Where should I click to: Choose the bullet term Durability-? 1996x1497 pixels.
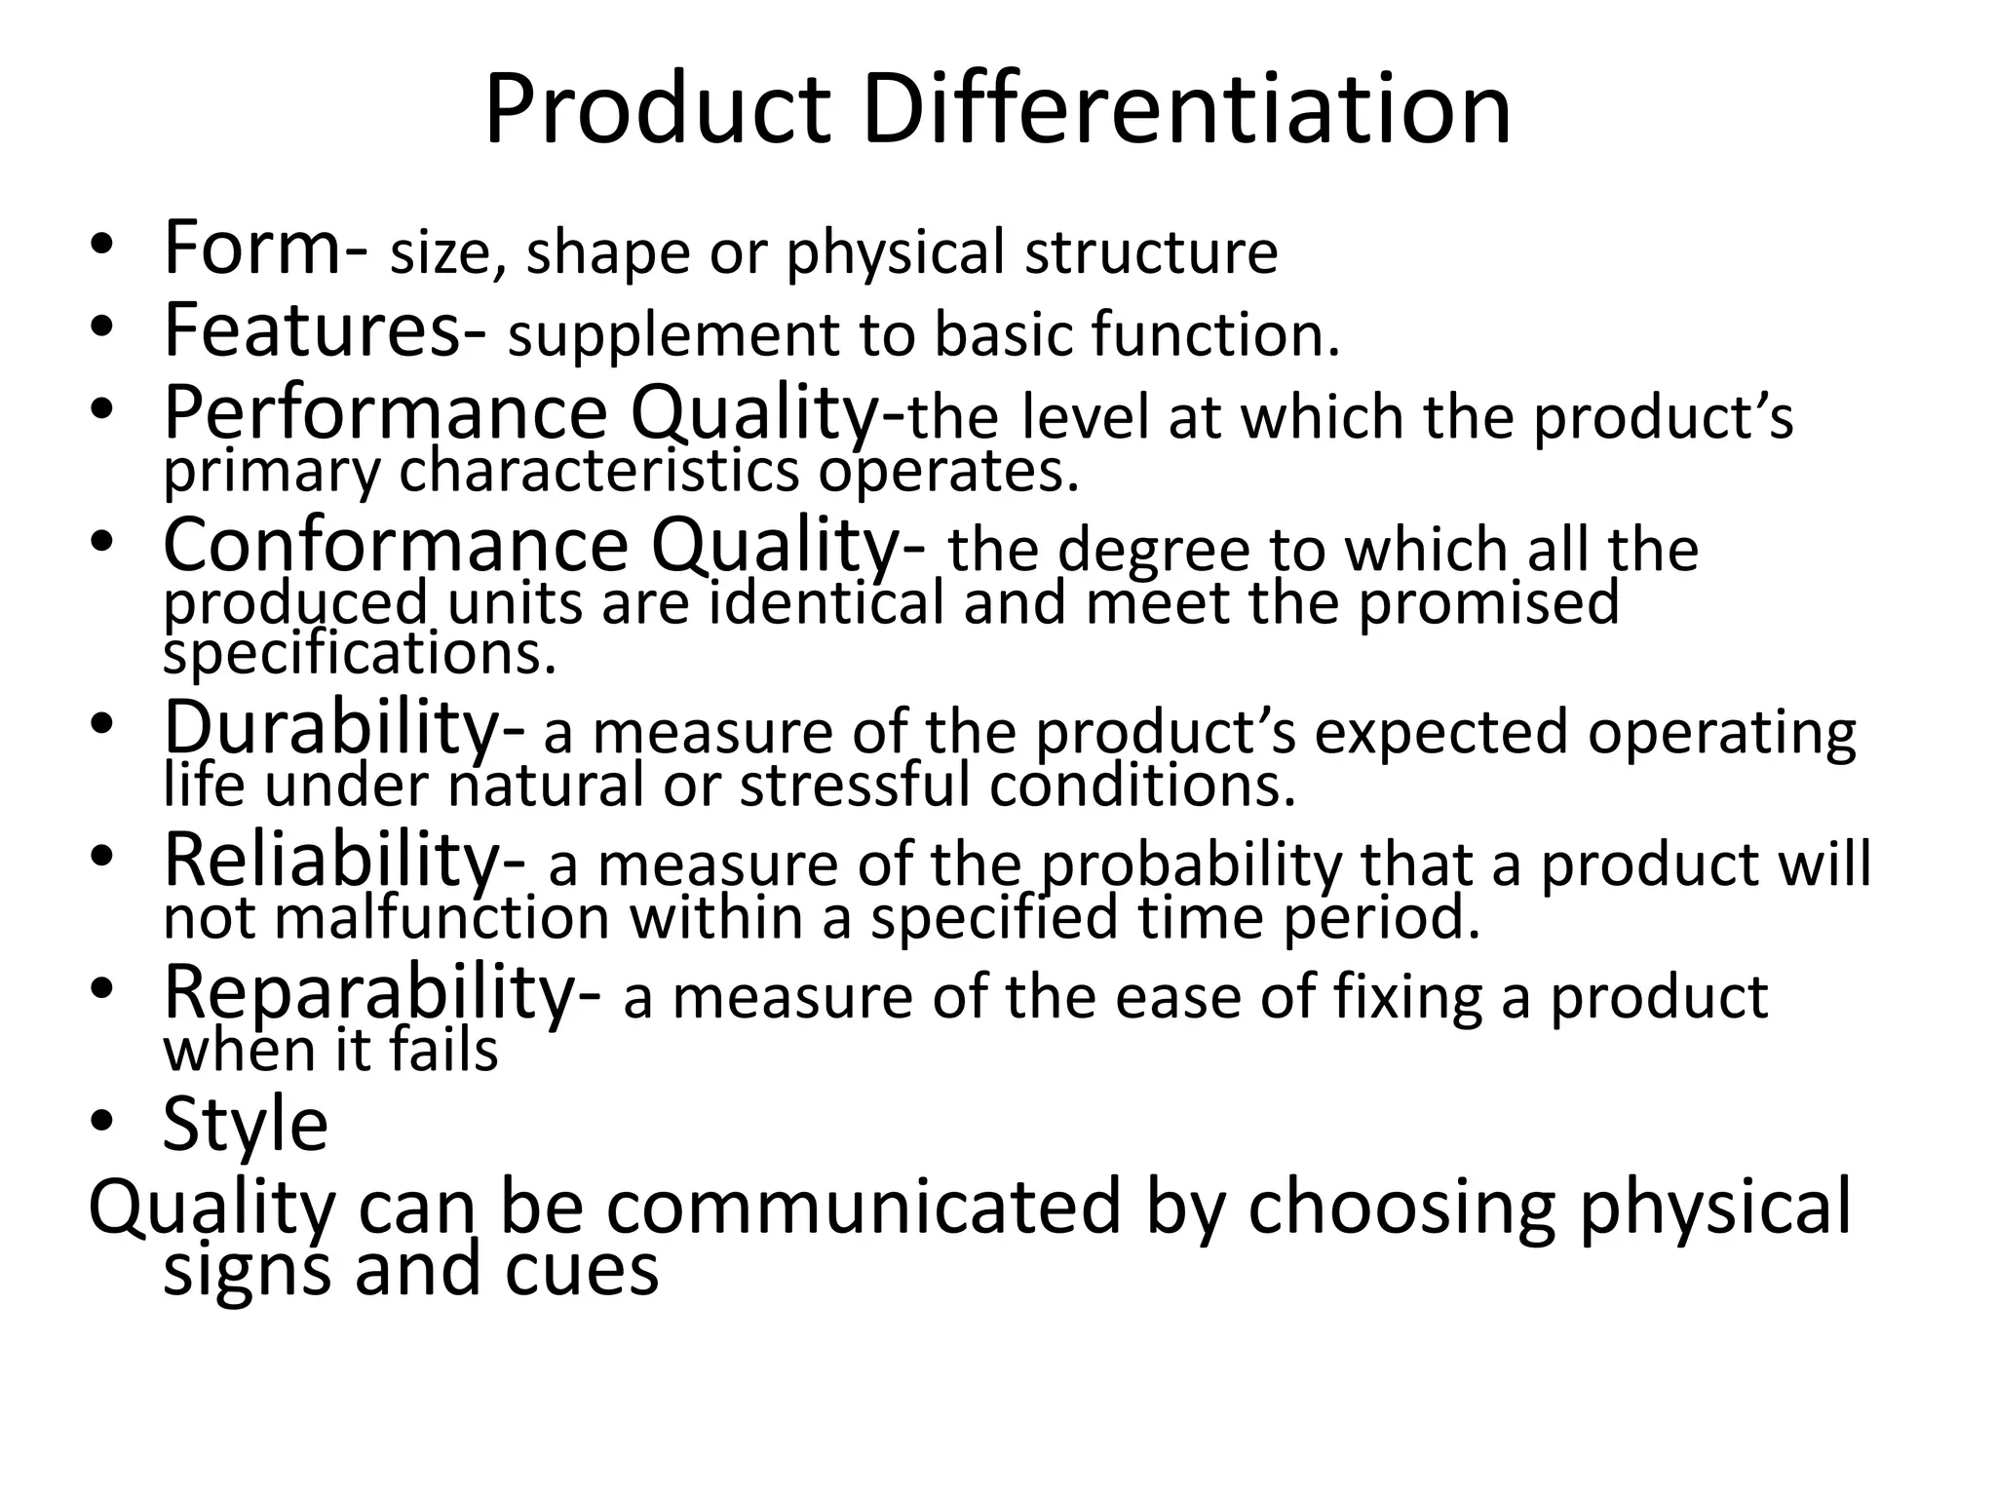pos(345,728)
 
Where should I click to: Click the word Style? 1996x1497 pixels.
pos(245,1126)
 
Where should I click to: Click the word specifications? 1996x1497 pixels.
pos(359,654)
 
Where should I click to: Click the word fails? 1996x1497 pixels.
pos(443,1050)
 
